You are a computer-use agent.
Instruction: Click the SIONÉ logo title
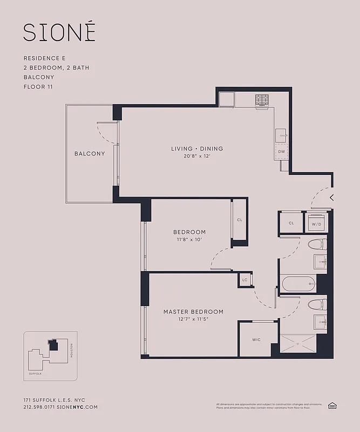click(x=59, y=32)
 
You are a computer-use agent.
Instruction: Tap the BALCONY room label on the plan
click(x=90, y=153)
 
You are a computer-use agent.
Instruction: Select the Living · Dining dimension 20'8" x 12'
click(x=197, y=156)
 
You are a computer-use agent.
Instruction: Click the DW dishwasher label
click(x=281, y=152)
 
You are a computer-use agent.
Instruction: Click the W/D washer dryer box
click(x=316, y=222)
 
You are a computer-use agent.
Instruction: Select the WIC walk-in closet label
click(x=257, y=340)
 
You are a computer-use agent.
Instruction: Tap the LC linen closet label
click(x=245, y=280)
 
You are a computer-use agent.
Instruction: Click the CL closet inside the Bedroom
click(x=239, y=220)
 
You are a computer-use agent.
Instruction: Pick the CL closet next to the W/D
click(x=291, y=222)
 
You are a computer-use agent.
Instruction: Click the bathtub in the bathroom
click(x=298, y=283)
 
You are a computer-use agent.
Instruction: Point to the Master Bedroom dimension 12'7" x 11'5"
click(x=193, y=319)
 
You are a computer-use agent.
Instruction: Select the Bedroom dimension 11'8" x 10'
click(x=189, y=239)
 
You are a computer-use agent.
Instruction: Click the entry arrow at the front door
click(x=331, y=198)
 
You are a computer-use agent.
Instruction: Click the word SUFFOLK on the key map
click(x=35, y=373)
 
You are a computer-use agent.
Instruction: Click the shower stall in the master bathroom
click(x=297, y=343)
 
